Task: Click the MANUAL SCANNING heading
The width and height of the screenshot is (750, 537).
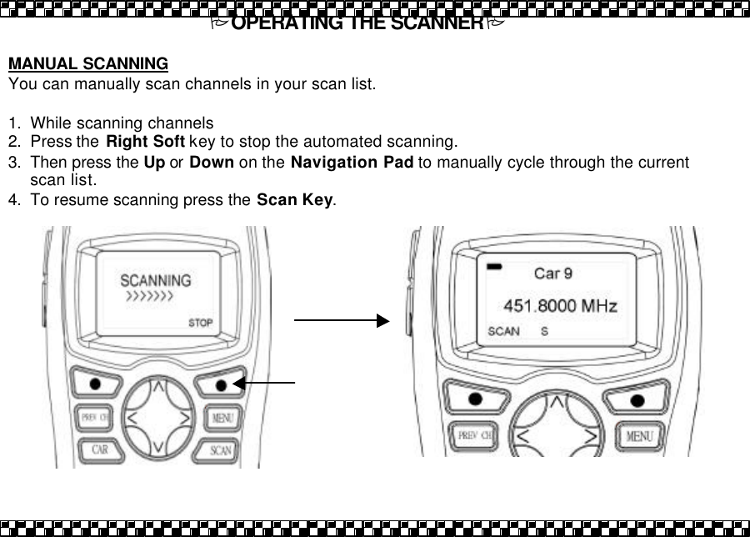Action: point(87,64)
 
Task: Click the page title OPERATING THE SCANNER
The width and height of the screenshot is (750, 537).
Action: point(357,23)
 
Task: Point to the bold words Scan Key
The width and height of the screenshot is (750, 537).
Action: point(295,201)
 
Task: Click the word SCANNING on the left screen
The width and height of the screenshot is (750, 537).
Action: point(156,281)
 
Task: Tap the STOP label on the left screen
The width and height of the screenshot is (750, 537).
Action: point(201,323)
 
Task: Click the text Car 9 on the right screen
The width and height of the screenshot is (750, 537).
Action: point(552,273)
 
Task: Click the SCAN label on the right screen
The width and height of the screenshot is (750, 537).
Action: point(503,331)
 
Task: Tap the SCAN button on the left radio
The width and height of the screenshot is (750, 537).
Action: point(220,450)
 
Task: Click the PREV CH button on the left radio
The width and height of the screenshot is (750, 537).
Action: point(96,416)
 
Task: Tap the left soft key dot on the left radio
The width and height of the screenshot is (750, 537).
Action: point(96,384)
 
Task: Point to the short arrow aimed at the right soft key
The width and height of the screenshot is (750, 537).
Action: point(264,382)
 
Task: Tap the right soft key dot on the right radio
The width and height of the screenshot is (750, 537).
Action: point(637,400)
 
